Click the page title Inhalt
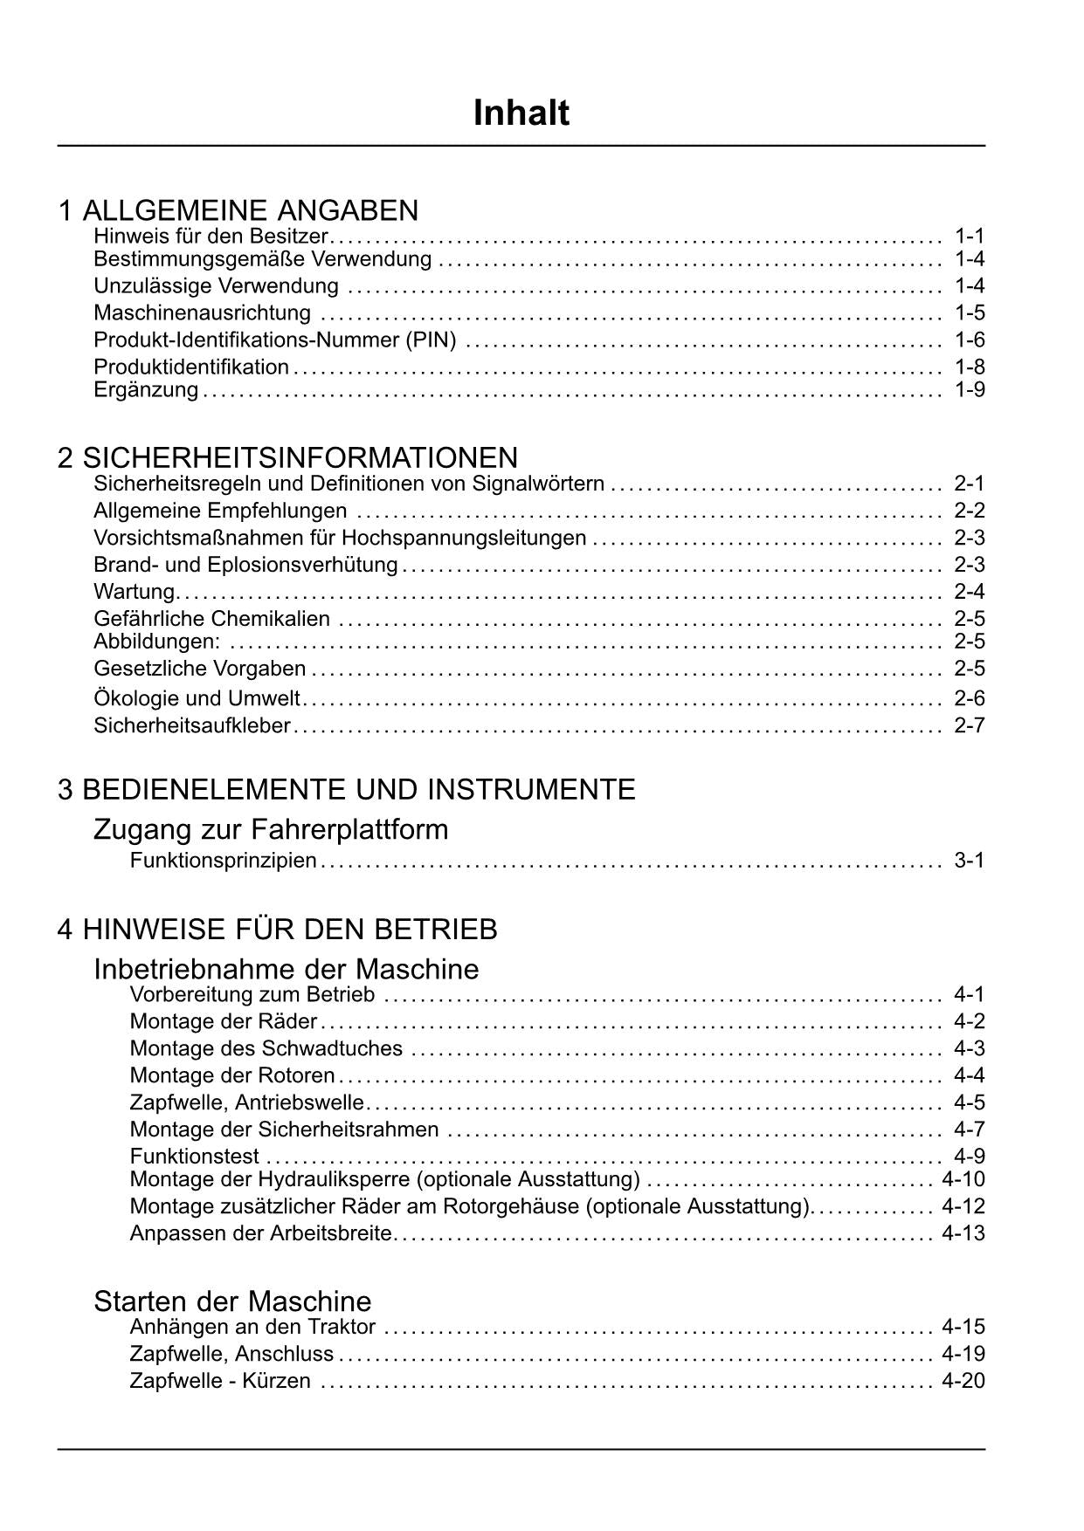tap(521, 113)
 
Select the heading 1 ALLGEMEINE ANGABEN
tap(238, 210)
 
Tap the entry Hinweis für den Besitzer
tap(211, 236)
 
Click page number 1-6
tap(970, 340)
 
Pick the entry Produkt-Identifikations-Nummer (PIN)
tap(275, 340)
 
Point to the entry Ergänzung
tap(146, 389)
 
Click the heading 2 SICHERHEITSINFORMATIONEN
tap(287, 457)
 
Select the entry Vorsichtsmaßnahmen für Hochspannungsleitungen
tap(340, 538)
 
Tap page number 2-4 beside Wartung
tap(970, 592)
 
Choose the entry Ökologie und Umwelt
tap(197, 698)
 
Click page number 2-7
tap(970, 725)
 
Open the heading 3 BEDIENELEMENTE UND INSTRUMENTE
tap(346, 790)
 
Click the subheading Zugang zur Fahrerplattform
tap(271, 829)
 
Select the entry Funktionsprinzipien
tap(223, 861)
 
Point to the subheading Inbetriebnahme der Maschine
tap(287, 970)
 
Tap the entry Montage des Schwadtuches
tap(266, 1048)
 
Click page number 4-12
tap(963, 1206)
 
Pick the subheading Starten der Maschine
tap(232, 1301)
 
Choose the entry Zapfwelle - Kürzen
tap(220, 1381)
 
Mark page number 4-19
tap(963, 1354)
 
